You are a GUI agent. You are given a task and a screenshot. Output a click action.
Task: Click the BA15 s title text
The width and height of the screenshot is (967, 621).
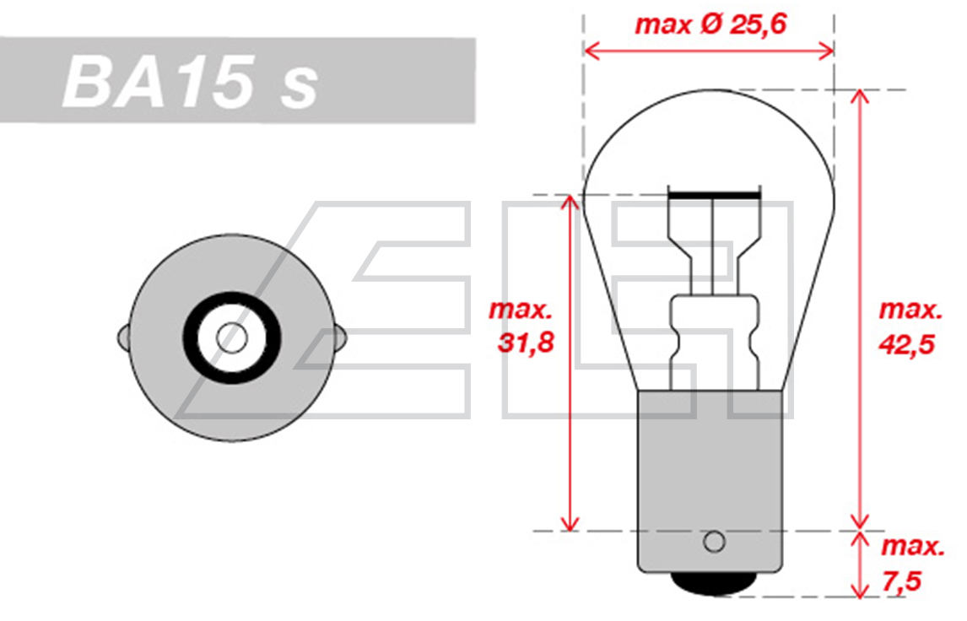[x=190, y=81]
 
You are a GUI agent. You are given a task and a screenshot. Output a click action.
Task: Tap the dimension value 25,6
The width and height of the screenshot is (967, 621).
[x=759, y=24]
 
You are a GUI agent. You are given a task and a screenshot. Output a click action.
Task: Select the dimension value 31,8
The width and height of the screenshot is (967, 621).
[x=526, y=343]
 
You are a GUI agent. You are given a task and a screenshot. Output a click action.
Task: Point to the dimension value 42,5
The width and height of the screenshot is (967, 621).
[x=906, y=344]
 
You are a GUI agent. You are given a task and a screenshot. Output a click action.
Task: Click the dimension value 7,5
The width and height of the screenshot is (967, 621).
[x=902, y=580]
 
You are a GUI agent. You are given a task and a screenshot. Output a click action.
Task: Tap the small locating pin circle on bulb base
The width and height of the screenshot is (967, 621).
[x=714, y=542]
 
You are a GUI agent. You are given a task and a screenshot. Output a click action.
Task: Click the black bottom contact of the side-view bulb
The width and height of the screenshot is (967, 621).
[x=714, y=583]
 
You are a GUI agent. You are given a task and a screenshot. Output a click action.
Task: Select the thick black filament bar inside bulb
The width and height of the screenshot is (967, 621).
[x=714, y=195]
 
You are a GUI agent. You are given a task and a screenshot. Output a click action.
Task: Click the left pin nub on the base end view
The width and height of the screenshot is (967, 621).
[x=123, y=338]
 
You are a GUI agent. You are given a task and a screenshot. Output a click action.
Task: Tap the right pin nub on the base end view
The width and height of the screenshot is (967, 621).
[x=340, y=338]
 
